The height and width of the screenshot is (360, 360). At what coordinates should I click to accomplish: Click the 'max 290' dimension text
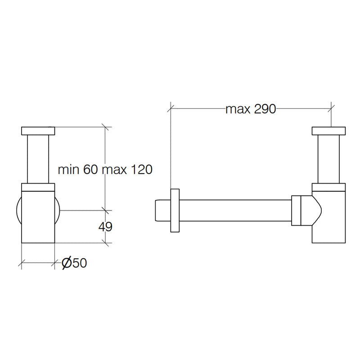251,109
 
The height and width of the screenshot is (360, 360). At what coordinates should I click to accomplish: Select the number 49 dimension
105,227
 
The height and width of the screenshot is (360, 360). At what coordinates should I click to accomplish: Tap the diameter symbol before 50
67,263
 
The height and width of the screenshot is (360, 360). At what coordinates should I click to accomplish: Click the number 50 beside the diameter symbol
80,263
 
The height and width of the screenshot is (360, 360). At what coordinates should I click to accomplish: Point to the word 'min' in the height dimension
68,170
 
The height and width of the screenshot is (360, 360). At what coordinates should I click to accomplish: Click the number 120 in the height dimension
141,170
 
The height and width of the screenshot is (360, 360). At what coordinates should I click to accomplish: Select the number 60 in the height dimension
90,170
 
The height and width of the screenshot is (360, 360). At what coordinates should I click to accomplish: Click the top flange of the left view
38,131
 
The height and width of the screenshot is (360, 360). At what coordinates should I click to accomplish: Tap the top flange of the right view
328,131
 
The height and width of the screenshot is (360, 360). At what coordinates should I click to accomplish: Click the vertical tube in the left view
38,159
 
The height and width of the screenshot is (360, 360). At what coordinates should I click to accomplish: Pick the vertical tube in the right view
328,159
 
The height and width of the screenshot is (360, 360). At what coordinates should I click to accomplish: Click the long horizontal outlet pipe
235,211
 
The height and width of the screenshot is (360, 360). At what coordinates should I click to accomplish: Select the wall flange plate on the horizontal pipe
175,211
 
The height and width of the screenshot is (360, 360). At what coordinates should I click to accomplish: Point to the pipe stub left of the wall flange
163,211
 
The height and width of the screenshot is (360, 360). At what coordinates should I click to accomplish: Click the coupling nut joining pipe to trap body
296,211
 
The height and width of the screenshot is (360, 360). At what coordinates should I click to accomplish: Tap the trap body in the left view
38,217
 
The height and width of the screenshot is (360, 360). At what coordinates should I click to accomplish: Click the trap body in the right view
328,217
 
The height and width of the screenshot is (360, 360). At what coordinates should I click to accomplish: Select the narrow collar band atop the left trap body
38,187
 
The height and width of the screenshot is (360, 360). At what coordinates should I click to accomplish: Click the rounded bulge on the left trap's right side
58,211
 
